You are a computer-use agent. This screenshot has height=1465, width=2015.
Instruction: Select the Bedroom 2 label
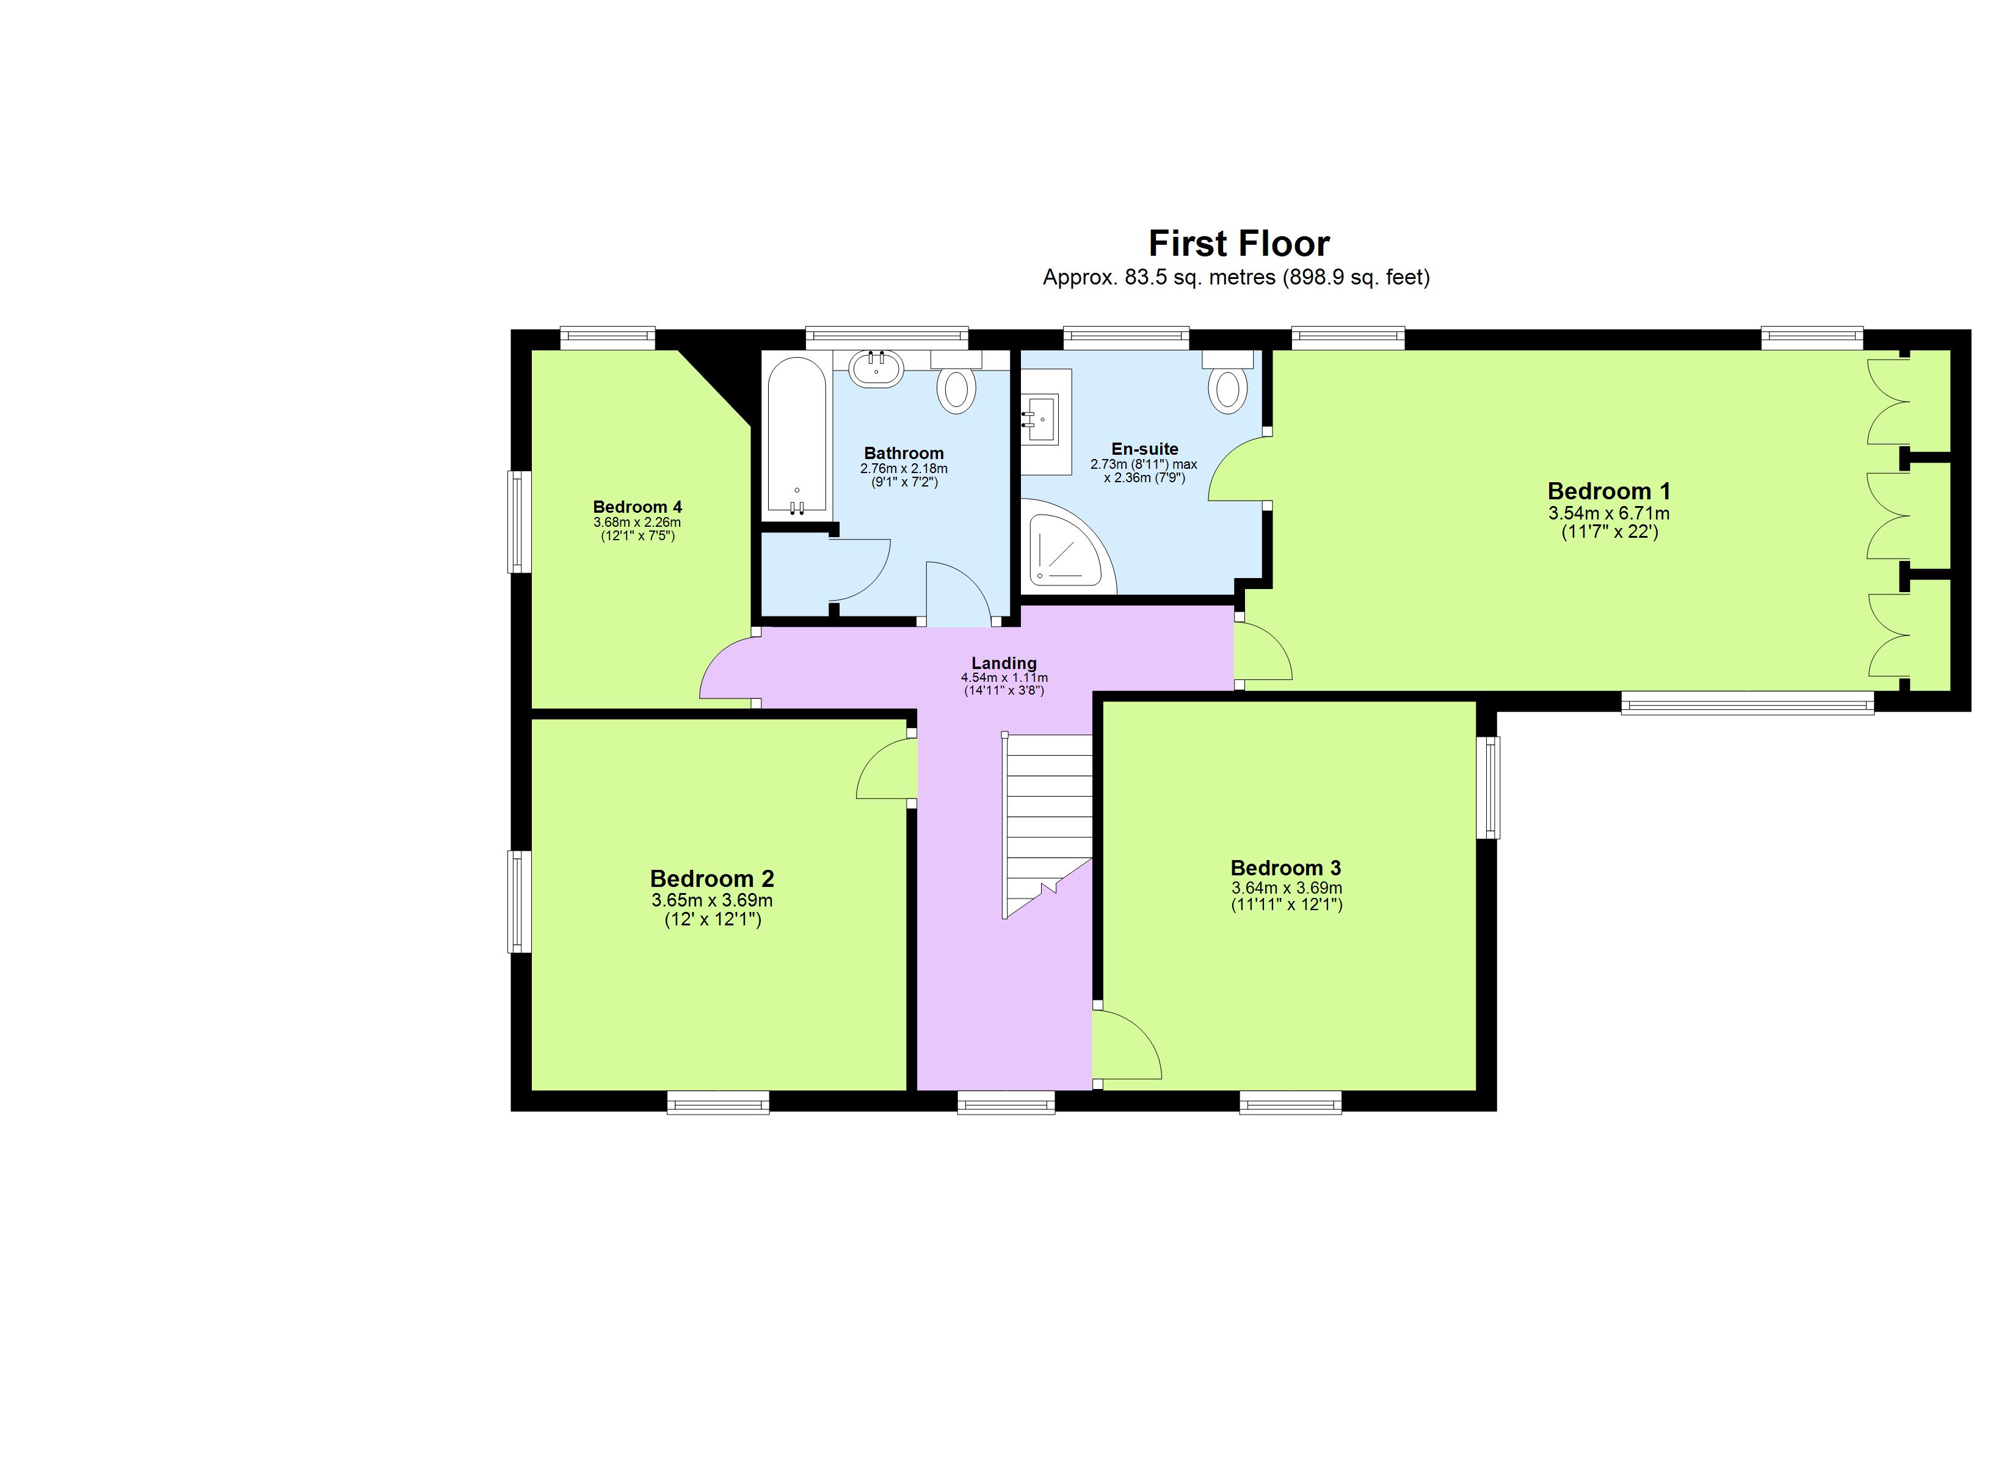click(711, 878)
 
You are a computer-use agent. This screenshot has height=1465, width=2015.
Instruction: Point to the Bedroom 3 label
click(1285, 868)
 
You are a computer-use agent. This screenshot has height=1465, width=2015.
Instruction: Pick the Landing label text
click(1004, 663)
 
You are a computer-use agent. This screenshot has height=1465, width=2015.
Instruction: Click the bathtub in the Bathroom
click(797, 435)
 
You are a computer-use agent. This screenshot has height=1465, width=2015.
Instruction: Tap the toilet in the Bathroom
click(957, 389)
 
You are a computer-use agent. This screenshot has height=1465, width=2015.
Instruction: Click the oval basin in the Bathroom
click(876, 368)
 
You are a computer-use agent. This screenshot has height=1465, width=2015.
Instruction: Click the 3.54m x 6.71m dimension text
click(1609, 513)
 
